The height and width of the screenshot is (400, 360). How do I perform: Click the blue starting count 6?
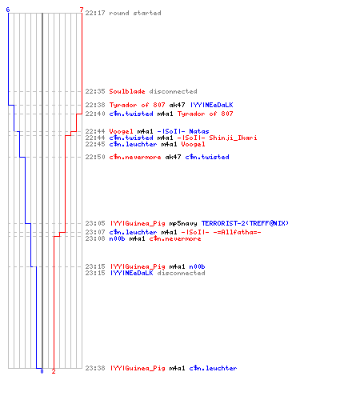coord(8,10)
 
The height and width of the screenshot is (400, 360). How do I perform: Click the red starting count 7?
coord(82,10)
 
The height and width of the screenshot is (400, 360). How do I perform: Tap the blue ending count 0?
coord(42,371)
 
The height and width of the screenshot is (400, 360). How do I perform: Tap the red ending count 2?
coord(54,371)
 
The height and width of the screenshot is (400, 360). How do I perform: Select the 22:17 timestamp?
coord(95,13)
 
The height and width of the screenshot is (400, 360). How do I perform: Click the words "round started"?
coord(135,13)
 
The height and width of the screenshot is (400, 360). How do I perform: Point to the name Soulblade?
coord(127,91)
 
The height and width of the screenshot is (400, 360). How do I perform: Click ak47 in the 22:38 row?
coord(177,105)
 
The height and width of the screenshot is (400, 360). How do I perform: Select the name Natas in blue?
coord(199,131)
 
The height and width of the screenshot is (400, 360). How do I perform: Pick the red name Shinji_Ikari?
coord(233,138)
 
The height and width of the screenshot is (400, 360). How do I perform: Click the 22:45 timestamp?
coord(95,144)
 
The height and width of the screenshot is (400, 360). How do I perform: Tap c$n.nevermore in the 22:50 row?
coord(135,157)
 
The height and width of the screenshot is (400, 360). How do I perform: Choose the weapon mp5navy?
coord(183,223)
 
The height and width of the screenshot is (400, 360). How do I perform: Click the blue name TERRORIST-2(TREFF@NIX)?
coord(245,223)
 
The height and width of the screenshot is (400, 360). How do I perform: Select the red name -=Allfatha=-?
coord(237,232)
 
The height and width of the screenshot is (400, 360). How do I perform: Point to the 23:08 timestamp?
coord(95,238)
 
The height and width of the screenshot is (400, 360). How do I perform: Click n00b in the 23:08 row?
coord(117,238)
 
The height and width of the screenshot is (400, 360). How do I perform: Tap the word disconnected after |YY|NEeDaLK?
coord(181,273)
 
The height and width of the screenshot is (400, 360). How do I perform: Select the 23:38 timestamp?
coord(95,368)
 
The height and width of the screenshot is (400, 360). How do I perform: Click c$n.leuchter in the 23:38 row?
coord(213,368)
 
